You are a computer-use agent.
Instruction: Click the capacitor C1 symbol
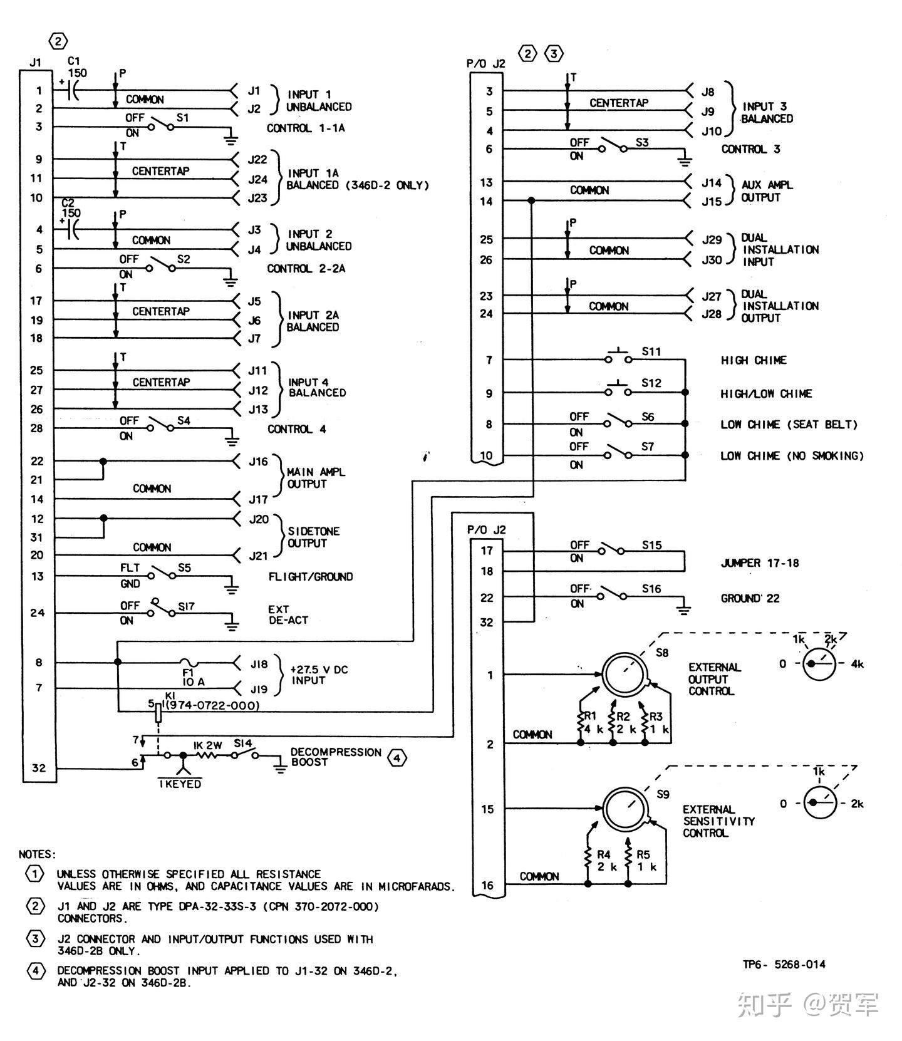(73, 91)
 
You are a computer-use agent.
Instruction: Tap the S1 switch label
(182, 118)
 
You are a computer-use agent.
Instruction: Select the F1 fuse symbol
(190, 663)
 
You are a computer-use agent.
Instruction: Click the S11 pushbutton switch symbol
(618, 358)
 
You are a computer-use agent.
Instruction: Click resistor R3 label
(656, 717)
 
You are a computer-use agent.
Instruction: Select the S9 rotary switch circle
(625, 809)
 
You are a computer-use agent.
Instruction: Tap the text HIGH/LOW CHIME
(765, 394)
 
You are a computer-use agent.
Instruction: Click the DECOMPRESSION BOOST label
(335, 757)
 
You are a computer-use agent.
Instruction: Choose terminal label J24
(257, 179)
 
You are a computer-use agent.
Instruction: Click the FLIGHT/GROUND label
(311, 577)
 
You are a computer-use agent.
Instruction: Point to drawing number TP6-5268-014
(784, 965)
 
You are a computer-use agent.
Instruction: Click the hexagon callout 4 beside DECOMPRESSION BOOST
(397, 758)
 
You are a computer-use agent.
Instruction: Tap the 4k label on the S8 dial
(857, 664)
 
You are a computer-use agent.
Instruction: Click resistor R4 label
(603, 854)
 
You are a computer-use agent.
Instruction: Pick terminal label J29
(712, 240)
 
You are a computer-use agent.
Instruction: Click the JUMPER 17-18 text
(759, 563)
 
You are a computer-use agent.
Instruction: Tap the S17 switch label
(186, 606)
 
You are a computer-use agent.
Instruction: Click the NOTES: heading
(37, 854)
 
